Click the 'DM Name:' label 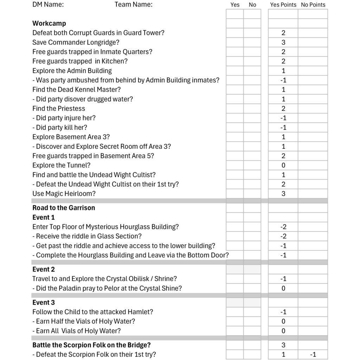(x=48, y=5)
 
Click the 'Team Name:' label (x=134, y=5)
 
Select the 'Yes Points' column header (x=283, y=5)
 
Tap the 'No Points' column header (x=313, y=5)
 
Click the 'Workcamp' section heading (x=49, y=24)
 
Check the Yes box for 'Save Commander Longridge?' (x=234, y=43)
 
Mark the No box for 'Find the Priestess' (x=252, y=109)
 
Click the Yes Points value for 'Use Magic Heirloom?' (x=283, y=194)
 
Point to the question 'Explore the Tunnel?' (x=61, y=165)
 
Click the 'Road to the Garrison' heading (x=64, y=208)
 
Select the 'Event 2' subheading (x=44, y=269)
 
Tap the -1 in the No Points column (x=313, y=354)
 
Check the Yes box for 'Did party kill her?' (x=234, y=128)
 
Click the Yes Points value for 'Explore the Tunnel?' (x=283, y=165)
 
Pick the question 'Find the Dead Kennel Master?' (x=76, y=90)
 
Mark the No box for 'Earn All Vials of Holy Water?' (x=252, y=331)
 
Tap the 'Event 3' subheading (x=44, y=302)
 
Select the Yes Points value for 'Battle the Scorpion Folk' (x=283, y=345)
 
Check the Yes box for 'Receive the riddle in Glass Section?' (x=234, y=236)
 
